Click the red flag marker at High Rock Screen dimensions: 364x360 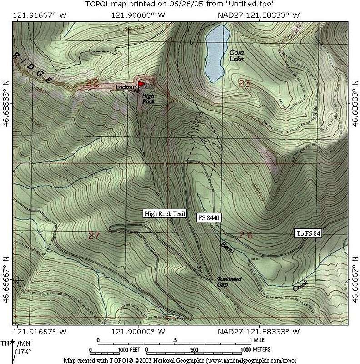point(141,84)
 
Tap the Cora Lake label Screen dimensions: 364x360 point(236,56)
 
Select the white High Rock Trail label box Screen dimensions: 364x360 point(165,214)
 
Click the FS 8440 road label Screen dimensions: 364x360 point(209,218)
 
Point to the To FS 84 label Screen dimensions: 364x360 point(309,234)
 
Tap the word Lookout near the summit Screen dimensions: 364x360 point(125,87)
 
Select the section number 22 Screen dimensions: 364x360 point(92,82)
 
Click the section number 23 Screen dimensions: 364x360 point(244,83)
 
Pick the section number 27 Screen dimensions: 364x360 point(94,235)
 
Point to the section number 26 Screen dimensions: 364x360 point(246,235)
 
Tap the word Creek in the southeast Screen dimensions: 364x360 point(300,286)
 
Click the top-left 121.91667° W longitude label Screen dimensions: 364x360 point(40,15)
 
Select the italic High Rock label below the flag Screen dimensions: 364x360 point(148,99)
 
